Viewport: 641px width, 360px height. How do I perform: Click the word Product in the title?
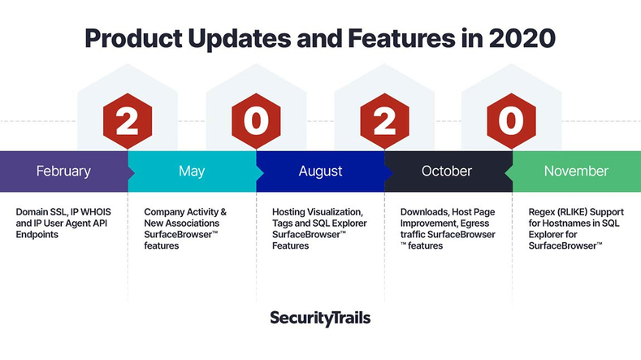(134, 38)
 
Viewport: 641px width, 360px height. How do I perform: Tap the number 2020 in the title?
(522, 38)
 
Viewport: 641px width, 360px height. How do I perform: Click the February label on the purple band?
(63, 171)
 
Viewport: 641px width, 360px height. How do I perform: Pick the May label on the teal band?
(192, 171)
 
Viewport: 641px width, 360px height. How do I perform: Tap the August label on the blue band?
(320, 171)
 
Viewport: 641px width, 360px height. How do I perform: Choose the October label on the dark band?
(446, 171)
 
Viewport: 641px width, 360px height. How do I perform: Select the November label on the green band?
(576, 171)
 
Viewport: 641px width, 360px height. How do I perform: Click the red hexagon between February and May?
(128, 121)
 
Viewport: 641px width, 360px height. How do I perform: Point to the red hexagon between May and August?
(256, 121)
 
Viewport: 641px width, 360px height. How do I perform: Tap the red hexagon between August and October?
(384, 121)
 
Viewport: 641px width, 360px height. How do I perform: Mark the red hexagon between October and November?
(511, 121)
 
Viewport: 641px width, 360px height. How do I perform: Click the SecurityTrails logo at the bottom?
(320, 318)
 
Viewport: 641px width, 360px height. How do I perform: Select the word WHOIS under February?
(96, 212)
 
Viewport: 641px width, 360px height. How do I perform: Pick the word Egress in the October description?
(474, 223)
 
